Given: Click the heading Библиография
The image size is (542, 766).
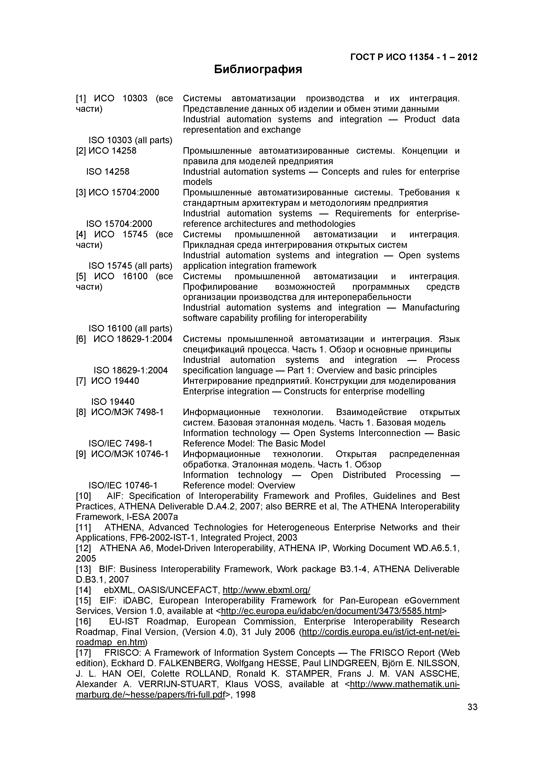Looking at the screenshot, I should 258,69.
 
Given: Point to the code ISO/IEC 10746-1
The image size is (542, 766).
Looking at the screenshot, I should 123,485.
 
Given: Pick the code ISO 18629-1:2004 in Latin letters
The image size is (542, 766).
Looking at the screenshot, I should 130,370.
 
